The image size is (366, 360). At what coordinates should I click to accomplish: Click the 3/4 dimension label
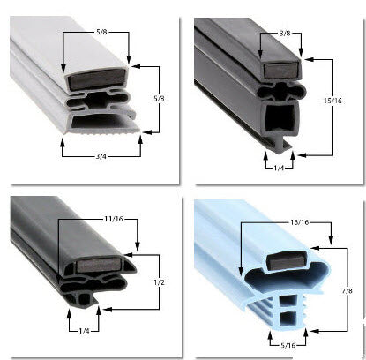[x=101, y=156]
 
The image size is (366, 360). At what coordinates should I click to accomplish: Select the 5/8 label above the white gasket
[x=101, y=32]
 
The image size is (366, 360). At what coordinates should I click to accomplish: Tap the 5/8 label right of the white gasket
[x=159, y=99]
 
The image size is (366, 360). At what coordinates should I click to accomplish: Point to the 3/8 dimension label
[x=285, y=34]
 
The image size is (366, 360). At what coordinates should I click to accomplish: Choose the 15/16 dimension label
[x=332, y=101]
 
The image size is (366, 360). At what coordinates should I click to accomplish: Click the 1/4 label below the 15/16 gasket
[x=279, y=169]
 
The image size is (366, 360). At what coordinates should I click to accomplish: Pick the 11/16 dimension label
[x=114, y=219]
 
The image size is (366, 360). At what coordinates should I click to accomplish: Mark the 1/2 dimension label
[x=159, y=282]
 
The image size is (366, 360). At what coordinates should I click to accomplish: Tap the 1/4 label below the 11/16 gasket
[x=84, y=331]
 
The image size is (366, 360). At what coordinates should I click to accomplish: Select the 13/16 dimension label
[x=300, y=222]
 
